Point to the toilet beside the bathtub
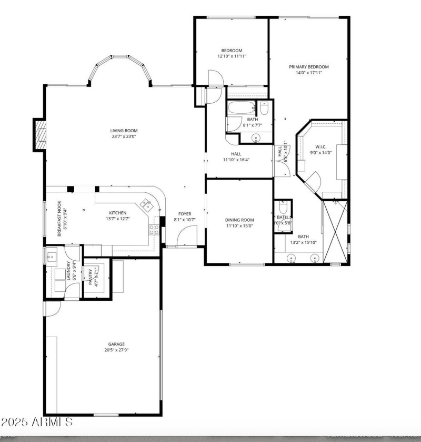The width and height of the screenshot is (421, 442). pos(264,110)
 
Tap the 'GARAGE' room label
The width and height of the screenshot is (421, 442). pos(116,345)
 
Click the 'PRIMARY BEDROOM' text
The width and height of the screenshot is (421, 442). pos(308,67)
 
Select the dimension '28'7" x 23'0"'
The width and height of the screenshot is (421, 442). pos(124,137)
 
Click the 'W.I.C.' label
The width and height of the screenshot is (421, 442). pos(321,146)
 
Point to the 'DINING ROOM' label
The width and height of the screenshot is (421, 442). pos(239,220)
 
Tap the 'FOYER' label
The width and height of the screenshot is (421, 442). pos(184,213)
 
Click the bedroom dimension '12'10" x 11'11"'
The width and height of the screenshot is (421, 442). pos(232,56)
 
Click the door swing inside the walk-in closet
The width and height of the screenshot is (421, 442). pos(314,182)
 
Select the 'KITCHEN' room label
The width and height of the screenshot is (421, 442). pos(118,213)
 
